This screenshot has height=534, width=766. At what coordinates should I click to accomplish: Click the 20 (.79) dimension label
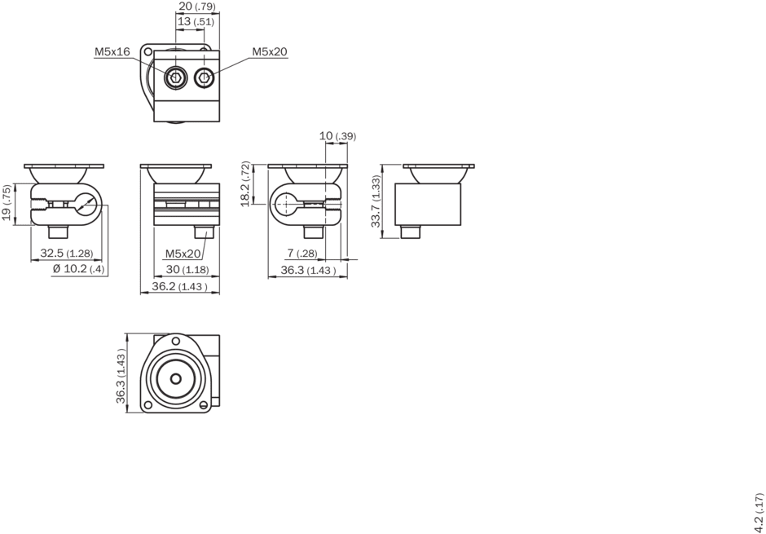pos(197,7)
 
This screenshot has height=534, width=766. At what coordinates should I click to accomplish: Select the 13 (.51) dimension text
pos(196,21)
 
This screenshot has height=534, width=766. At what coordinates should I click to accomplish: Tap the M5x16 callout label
pos(112,51)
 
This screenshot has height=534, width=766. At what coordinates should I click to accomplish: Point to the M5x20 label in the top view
pos(270,51)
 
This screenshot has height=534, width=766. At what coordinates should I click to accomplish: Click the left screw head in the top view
pos(175,77)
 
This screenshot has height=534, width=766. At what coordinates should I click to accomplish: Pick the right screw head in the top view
pos(205,77)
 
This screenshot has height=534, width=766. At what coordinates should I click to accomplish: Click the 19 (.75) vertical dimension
pos(7,203)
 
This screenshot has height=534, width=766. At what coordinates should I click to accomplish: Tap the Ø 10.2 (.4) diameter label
pos(78,269)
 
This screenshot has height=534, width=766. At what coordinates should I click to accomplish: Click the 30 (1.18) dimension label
pos(187,269)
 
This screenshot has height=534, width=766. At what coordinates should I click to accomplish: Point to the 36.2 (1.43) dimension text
pos(179,286)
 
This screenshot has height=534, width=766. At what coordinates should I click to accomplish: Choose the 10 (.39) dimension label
pos(337,136)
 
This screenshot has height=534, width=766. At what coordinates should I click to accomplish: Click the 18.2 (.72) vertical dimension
pos(246,183)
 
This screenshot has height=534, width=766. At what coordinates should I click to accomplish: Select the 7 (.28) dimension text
pos(302,253)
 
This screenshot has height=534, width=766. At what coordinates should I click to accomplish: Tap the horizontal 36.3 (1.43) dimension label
pos(308,270)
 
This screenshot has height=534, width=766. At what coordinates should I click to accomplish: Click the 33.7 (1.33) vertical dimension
pos(376,201)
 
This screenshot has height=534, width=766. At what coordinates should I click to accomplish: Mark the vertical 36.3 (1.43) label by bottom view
pos(121,378)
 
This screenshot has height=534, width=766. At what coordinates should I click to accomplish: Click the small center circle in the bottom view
pos(176,378)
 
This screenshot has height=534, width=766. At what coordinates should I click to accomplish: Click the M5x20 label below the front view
pos(183,254)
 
